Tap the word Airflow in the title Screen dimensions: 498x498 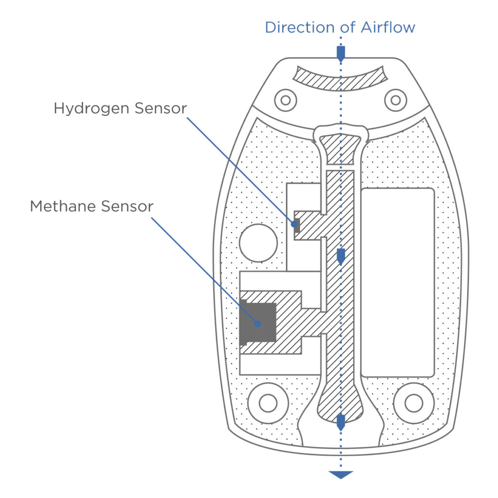[x=388, y=27]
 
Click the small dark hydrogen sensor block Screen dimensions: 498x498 [x=296, y=225]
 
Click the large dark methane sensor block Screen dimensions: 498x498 [x=258, y=322]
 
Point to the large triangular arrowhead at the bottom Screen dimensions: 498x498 [x=340, y=475]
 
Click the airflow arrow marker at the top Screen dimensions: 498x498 [x=340, y=53]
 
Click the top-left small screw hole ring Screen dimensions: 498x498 [x=285, y=100]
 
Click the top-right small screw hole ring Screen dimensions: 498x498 [x=395, y=100]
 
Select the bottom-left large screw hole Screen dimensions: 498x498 [x=267, y=403]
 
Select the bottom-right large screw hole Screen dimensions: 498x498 [x=413, y=403]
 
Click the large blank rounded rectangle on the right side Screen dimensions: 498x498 [x=397, y=282]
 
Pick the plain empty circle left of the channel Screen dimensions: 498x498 [x=258, y=243]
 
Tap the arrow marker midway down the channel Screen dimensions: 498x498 [x=340, y=256]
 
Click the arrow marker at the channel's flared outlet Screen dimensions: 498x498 [x=340, y=421]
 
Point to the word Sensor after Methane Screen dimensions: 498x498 [x=127, y=206]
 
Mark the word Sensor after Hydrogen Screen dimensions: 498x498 [x=161, y=108]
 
